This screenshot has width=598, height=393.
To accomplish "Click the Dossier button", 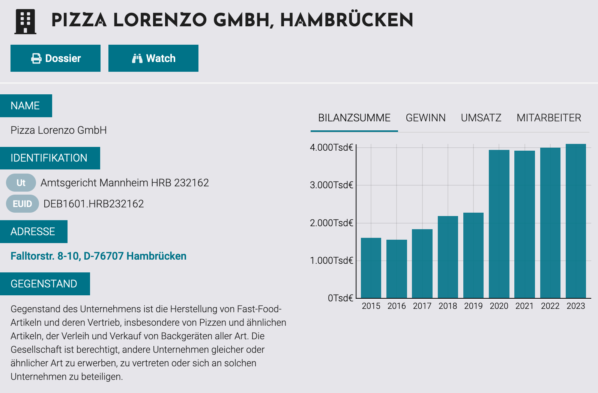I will [56, 58].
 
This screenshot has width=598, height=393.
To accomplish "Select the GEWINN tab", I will [425, 118].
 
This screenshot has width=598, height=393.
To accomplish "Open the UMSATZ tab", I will [481, 118].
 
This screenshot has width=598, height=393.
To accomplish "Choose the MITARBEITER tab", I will [548, 118].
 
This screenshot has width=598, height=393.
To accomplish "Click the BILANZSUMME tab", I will [354, 118].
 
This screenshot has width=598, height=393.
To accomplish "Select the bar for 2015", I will [371, 268].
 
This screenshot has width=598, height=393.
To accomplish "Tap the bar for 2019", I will [473, 255].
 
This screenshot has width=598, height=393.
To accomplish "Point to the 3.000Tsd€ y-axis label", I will [331, 185].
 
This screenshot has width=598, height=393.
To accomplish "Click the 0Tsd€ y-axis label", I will [340, 298].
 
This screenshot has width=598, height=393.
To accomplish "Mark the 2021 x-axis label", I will [524, 306].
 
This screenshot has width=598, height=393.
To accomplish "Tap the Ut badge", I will [21, 183].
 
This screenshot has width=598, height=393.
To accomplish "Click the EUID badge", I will [23, 204].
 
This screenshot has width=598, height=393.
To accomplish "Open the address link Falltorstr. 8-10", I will [98, 256].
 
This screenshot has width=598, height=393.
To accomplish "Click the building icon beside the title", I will [26, 21].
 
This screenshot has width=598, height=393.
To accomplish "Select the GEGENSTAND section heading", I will [44, 284].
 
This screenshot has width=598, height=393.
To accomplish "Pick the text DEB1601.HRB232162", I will [94, 204].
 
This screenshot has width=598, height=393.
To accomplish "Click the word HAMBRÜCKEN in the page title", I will [347, 20].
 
